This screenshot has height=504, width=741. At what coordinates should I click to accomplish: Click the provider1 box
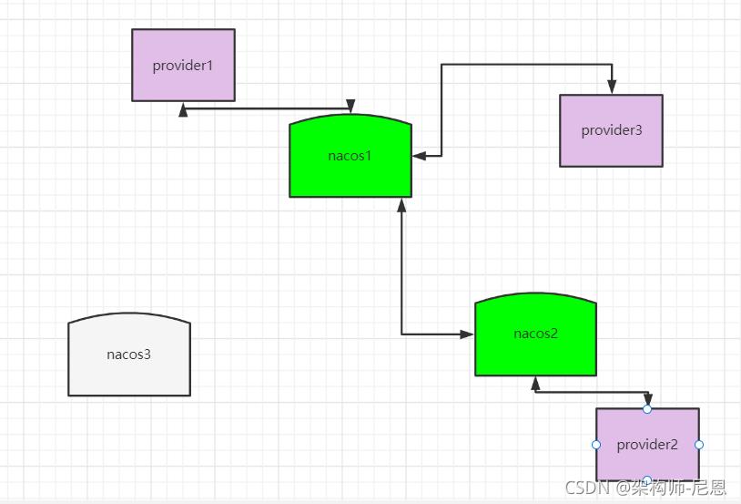183,65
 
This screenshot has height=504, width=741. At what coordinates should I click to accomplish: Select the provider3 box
611,130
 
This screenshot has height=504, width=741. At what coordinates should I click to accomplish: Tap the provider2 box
647,445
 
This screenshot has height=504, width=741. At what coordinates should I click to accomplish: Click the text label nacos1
350,156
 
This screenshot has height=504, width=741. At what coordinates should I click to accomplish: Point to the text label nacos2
535,334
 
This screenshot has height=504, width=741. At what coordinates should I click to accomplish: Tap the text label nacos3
129,355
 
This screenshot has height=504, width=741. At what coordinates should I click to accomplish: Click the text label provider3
612,130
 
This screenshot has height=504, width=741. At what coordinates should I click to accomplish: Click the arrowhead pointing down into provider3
612,87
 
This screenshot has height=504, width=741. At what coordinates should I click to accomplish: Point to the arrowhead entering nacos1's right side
419,156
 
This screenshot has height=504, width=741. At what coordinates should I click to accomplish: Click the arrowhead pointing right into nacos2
467,334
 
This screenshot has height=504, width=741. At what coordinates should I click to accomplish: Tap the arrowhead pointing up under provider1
183,109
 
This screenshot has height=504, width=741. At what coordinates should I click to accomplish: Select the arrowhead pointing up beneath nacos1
401,204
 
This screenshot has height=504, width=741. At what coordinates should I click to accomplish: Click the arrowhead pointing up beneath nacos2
535,384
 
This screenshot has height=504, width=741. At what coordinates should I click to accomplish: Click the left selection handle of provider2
596,445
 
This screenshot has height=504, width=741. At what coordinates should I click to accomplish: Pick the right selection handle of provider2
699,445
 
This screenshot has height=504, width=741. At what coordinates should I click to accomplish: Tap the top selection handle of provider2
647,409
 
